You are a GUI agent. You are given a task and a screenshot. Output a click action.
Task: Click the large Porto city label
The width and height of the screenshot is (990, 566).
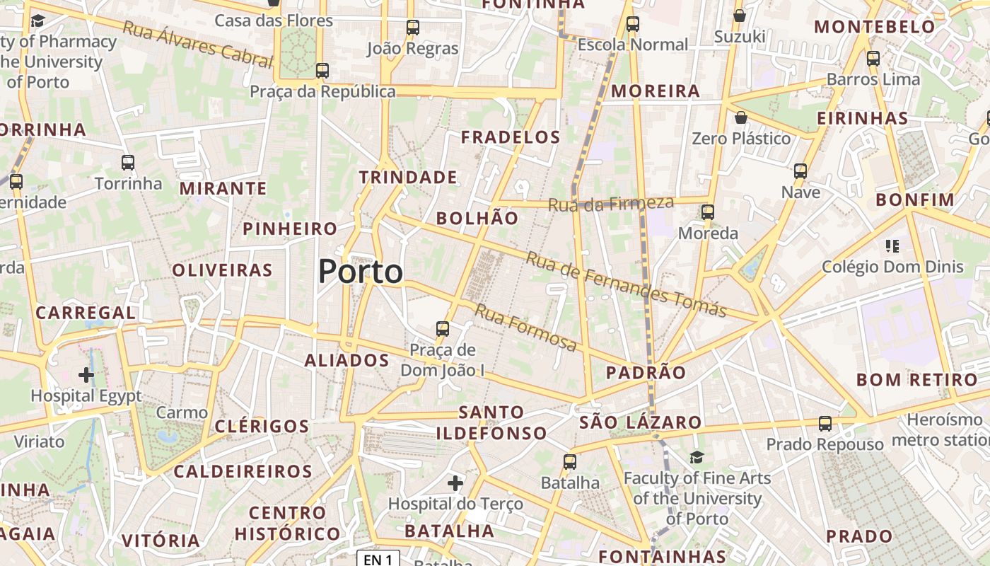pos(361,272)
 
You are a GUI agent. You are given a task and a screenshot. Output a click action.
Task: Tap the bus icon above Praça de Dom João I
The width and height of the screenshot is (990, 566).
pos(443,329)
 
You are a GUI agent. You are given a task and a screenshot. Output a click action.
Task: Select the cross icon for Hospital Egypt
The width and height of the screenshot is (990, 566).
pos(86,374)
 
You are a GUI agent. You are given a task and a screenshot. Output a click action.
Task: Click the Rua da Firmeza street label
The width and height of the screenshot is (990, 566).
pos(611,204)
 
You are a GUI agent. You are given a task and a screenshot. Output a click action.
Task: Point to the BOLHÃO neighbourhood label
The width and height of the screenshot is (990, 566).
pos(477,218)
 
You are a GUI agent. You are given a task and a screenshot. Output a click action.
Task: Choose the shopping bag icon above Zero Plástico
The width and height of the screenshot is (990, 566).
pos(740,117)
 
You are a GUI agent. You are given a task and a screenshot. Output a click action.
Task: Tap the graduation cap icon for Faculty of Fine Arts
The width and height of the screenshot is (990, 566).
pos(697,457)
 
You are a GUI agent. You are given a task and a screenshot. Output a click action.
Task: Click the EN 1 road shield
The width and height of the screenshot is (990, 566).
pos(378,560)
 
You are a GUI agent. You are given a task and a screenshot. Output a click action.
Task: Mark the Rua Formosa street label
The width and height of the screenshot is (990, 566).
pos(525,327)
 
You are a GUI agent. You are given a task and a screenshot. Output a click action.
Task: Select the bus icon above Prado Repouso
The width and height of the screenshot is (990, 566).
pos(825,424)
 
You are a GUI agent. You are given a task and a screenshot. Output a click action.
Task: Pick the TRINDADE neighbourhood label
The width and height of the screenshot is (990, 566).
pos(408,177)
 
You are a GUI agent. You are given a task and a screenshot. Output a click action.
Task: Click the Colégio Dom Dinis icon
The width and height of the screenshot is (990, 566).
pos(892,246)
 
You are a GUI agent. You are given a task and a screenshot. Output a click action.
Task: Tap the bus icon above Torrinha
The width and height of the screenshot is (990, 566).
pos(128,163)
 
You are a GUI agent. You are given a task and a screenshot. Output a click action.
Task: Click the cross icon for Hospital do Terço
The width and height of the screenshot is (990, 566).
pos(455,483)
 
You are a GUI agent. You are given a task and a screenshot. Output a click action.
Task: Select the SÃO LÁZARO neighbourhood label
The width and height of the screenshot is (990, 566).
pos(641,423)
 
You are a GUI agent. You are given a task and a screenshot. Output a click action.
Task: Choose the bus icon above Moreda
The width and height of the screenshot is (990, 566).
pos(707,212)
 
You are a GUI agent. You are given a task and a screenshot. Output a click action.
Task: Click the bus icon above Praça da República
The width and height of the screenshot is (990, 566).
pos(322,71)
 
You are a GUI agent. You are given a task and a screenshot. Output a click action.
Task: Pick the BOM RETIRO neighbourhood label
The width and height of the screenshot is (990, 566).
pos(908,380)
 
